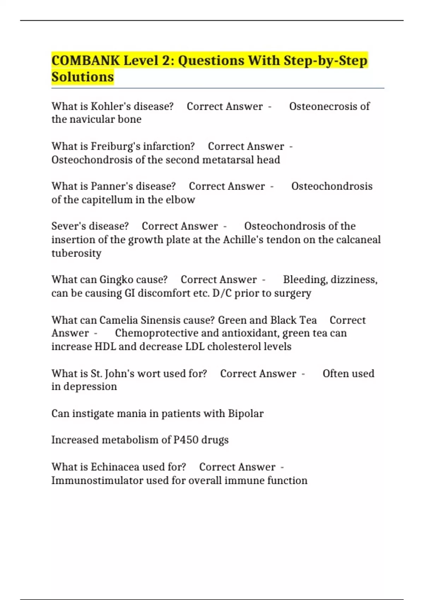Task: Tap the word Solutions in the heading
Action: [x=83, y=77]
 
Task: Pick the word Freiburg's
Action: [x=112, y=146]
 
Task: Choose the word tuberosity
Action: [x=76, y=253]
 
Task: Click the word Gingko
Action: [x=116, y=280]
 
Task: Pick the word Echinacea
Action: [x=115, y=467]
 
